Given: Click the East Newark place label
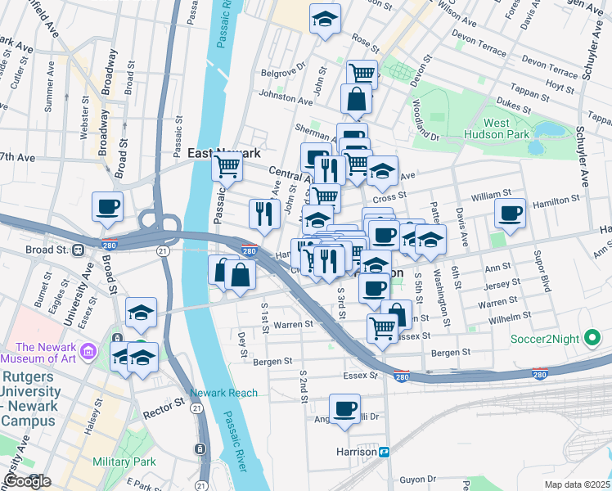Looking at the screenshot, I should [x=223, y=153].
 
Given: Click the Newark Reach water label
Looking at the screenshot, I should [x=223, y=393].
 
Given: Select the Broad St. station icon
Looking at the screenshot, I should [x=78, y=249].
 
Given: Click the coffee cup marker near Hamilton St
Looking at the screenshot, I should [x=511, y=214].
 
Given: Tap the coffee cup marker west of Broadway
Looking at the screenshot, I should [x=107, y=206].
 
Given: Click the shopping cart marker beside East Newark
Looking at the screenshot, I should [x=227, y=167].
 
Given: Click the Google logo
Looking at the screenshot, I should [x=27, y=481].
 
